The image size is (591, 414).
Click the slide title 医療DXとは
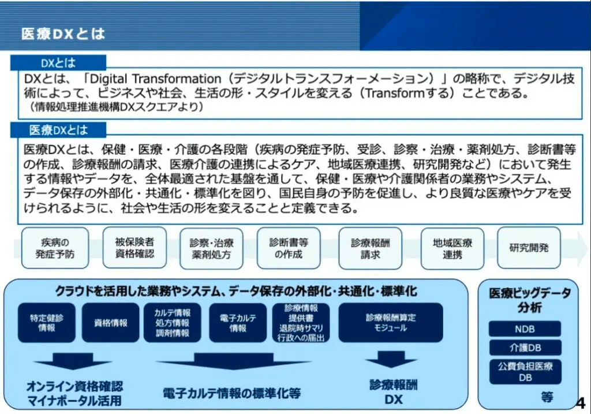tap(63, 34)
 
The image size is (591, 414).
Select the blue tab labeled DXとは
tap(58, 62)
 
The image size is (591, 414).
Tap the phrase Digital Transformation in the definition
tap(155, 79)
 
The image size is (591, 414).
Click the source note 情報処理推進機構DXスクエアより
tap(117, 107)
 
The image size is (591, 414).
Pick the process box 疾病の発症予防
tap(55, 248)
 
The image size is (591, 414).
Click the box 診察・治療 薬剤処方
tap(211, 248)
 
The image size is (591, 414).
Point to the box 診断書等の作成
tap(289, 248)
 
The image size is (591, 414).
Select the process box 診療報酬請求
tap(370, 248)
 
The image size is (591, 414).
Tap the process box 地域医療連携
tap(452, 248)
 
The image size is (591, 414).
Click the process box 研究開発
tap(529, 248)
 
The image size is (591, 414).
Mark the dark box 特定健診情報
tap(46, 323)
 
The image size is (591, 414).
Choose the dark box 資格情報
tap(110, 323)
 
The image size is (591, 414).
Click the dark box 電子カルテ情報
tap(238, 323)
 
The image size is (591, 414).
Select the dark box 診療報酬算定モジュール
tap(391, 323)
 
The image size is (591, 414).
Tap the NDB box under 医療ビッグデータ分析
tap(525, 329)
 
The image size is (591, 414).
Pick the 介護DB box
tap(525, 347)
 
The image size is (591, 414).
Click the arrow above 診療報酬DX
tap(391, 359)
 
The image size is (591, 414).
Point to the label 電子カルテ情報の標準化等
tap(232, 394)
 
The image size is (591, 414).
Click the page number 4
tap(581, 403)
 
